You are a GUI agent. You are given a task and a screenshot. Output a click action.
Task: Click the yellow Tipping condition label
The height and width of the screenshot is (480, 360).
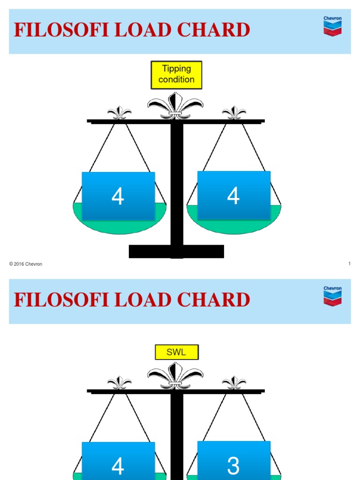[x=176, y=75]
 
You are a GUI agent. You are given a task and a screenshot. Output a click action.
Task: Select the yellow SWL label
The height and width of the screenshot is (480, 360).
[x=177, y=352]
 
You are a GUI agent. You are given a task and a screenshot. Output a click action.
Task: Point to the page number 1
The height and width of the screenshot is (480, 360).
[x=350, y=264]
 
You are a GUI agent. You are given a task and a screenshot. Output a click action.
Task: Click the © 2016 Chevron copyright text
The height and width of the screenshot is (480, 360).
[x=26, y=264]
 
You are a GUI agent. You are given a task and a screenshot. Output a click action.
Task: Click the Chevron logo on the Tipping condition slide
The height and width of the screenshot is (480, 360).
[x=332, y=27]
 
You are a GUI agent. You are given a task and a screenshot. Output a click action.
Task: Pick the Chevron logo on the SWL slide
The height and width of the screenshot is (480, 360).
[x=332, y=297]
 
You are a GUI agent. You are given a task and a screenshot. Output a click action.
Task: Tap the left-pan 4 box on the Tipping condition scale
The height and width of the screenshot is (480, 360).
[x=118, y=196]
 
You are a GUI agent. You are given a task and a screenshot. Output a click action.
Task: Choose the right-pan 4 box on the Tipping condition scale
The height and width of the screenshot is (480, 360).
[x=233, y=195]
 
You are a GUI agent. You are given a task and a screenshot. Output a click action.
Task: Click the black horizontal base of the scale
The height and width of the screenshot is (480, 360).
[x=176, y=252]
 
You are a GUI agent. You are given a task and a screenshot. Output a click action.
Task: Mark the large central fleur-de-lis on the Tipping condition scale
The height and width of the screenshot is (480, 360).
[x=175, y=106]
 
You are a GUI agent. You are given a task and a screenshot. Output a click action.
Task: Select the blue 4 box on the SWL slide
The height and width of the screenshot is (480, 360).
[x=118, y=462]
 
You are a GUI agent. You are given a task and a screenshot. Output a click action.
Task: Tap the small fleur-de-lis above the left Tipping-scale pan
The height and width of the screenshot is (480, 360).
[x=119, y=113]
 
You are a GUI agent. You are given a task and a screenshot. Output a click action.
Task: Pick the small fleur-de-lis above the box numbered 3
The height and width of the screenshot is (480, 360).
[x=234, y=383]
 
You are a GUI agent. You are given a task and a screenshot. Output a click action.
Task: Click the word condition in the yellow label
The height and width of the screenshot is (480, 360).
[x=176, y=80]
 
